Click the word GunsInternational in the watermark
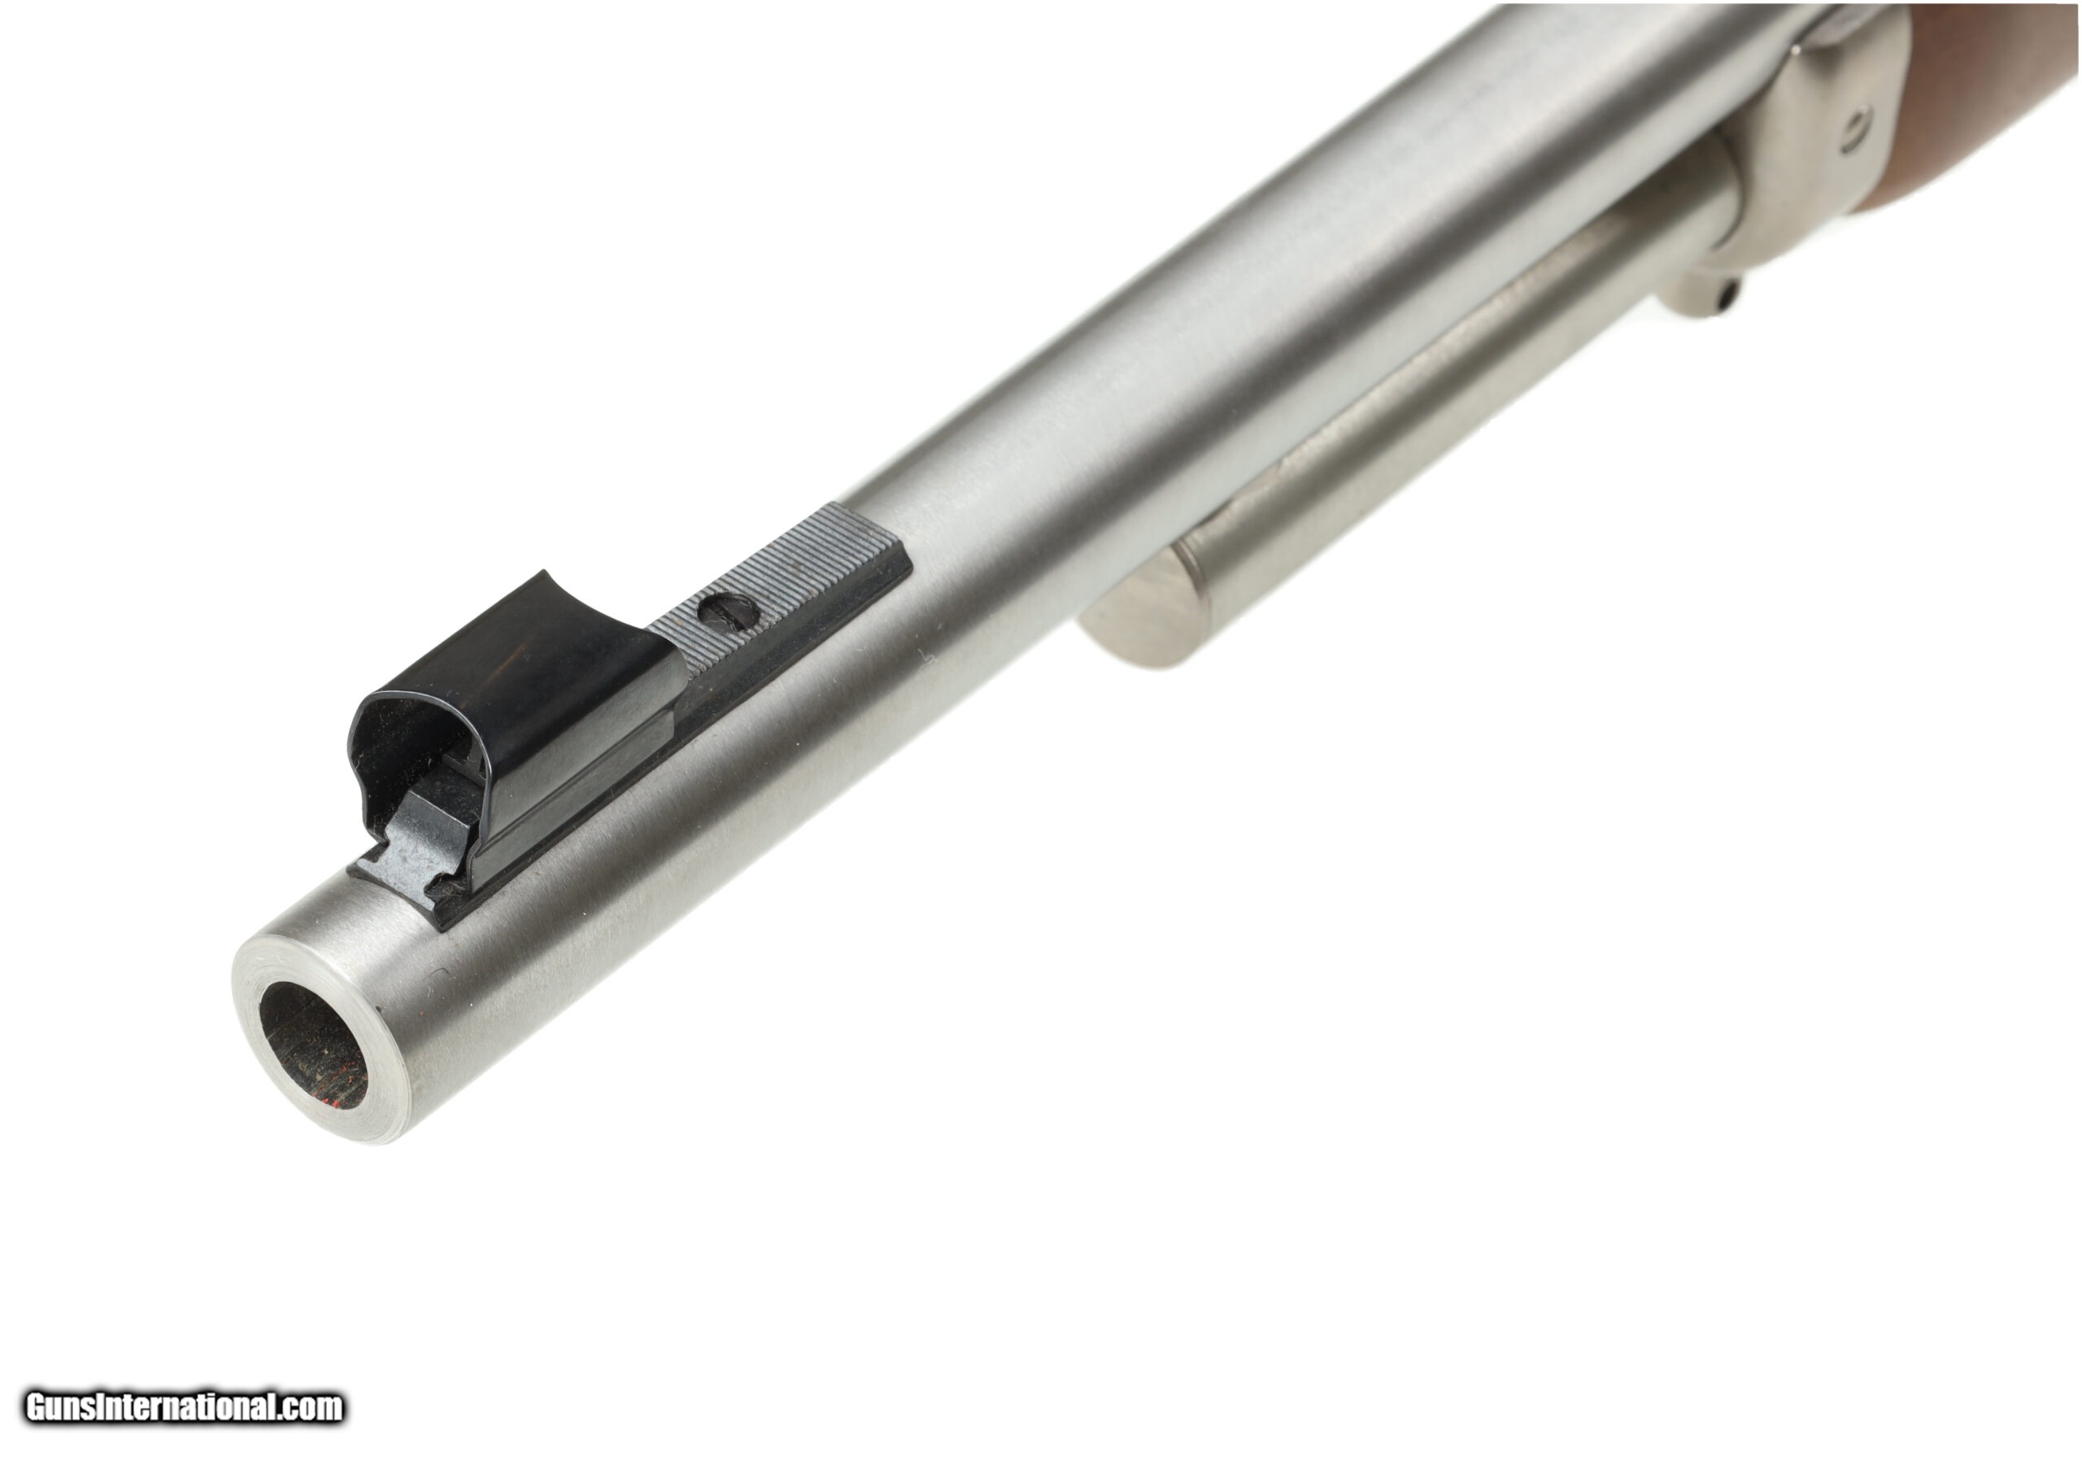[x=150, y=1407]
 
